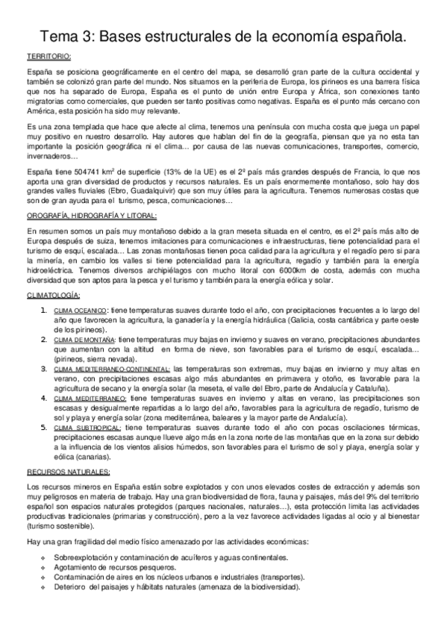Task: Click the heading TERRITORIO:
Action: tap(49, 57)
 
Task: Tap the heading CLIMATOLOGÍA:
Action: tap(54, 296)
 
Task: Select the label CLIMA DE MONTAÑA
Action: tap(84, 339)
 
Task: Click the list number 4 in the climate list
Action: tap(43, 399)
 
